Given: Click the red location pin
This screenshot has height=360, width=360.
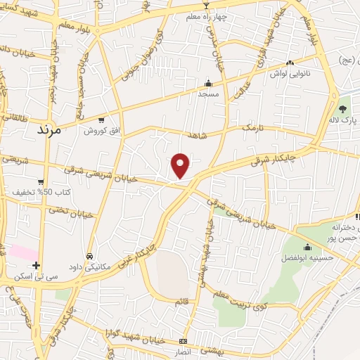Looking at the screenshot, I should pyautogui.click(x=181, y=165).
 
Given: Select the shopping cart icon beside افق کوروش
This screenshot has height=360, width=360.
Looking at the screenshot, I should pyautogui.click(x=103, y=120).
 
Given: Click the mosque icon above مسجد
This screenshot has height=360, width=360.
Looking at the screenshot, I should pyautogui.click(x=208, y=82).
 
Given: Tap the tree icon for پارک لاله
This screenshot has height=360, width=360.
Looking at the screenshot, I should pyautogui.click(x=342, y=109).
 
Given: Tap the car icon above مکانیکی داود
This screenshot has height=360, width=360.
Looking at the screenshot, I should pyautogui.click(x=89, y=256).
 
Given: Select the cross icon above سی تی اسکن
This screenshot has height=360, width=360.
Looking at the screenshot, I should pyautogui.click(x=37, y=264).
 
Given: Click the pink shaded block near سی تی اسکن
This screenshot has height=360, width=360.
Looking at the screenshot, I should pyautogui.click(x=22, y=252).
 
